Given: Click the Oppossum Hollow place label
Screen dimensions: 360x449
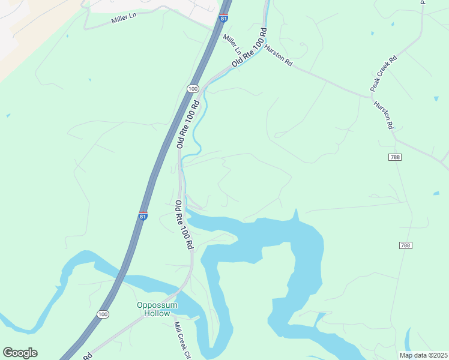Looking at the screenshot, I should click(157, 309).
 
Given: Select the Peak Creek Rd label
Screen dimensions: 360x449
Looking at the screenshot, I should click(384, 73).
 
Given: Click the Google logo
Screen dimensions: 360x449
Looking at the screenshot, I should click(20, 353).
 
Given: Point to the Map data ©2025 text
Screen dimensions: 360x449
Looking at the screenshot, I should click(423, 355).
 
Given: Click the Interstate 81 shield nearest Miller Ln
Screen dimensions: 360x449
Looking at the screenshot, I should click(224, 19).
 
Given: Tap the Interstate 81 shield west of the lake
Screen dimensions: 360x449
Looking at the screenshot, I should click(143, 216).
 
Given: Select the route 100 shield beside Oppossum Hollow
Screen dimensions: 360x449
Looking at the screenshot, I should click(103, 314).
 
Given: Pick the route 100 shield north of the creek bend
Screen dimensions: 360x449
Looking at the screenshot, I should click(192, 89).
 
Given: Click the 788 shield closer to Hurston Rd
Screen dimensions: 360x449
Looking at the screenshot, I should click(394, 157).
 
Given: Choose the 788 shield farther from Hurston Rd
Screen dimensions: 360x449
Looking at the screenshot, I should click(405, 245).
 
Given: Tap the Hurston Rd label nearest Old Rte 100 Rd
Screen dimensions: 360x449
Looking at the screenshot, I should click(279, 54).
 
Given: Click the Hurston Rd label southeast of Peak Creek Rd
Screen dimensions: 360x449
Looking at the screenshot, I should click(383, 115).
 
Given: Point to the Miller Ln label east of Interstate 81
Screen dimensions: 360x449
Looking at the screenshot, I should click(232, 43).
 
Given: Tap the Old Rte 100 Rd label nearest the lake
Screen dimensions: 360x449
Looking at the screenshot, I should click(183, 225).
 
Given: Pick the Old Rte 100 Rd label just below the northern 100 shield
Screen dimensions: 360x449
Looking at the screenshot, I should click(188, 125).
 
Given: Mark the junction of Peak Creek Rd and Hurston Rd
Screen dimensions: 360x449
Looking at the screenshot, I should click(371, 95).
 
